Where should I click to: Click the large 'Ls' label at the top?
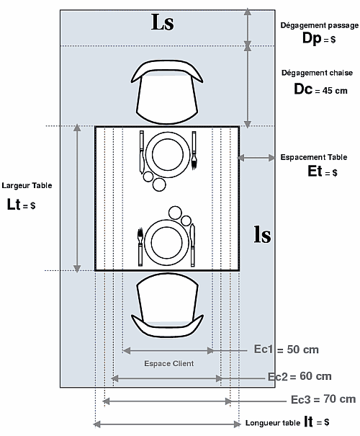(x=163, y=22)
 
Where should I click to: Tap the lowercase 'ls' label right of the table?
(x=263, y=235)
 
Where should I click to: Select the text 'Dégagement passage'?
(x=320, y=25)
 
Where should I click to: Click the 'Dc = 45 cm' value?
(x=320, y=89)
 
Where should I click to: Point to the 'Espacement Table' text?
(x=314, y=157)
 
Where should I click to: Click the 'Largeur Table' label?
(x=27, y=185)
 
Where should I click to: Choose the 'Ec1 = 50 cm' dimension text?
(x=286, y=350)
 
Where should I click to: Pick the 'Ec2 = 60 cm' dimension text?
(x=300, y=376)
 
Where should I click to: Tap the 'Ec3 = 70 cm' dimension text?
(x=323, y=399)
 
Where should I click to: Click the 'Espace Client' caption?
(x=169, y=363)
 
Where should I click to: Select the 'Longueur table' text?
(x=273, y=423)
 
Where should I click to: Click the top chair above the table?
(x=167, y=92)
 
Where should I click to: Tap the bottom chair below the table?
(x=167, y=305)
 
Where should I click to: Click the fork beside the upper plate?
(x=194, y=150)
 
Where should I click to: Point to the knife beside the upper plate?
(x=142, y=152)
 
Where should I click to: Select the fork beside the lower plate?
(x=140, y=247)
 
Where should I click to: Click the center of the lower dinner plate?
(x=166, y=242)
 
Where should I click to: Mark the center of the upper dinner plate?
(x=168, y=155)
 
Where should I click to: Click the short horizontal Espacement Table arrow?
(x=256, y=158)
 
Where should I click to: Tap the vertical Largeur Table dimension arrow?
(x=77, y=198)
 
